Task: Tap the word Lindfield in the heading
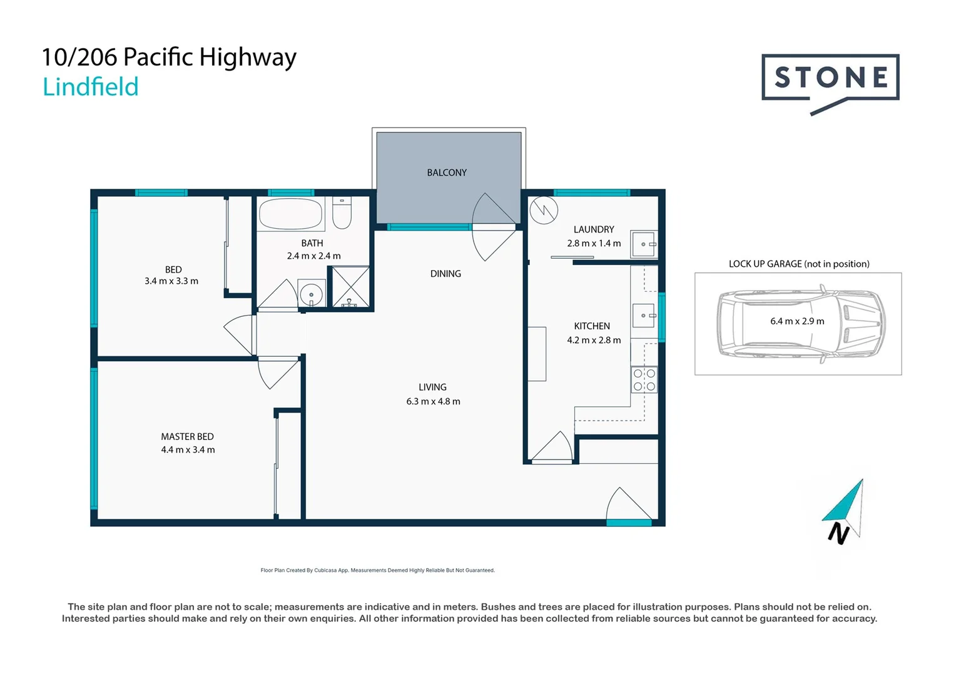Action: pos(91,87)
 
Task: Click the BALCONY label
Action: pos(447,172)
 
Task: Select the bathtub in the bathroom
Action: pos(290,214)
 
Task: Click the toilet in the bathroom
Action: pos(342,213)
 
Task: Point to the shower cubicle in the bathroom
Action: pos(350,287)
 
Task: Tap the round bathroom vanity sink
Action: pos(311,294)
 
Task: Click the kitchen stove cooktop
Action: pos(644,379)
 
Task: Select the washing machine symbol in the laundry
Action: pos(543,210)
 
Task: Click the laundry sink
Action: pos(643,244)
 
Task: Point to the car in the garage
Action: pos(800,323)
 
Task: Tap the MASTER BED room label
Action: pos(187,436)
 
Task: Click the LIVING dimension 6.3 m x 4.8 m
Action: pos(433,401)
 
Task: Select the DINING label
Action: pos(445,274)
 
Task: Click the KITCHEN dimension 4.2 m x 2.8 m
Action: pos(594,340)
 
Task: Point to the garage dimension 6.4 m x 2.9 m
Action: pos(797,321)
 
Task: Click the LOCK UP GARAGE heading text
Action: pos(798,264)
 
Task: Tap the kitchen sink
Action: pos(643,316)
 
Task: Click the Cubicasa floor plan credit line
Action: pos(377,570)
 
